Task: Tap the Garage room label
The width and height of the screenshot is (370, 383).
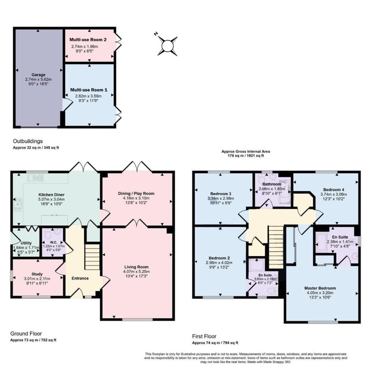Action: tap(38, 75)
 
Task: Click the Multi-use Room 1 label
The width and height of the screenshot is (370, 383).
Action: tap(88, 90)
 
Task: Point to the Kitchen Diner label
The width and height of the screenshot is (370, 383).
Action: tap(51, 195)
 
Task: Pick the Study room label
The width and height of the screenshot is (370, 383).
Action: tap(37, 274)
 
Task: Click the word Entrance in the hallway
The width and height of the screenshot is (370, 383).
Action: tap(80, 278)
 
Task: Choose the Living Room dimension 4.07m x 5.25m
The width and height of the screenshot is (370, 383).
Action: tap(136, 272)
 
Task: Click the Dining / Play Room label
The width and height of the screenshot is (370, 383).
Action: tap(136, 193)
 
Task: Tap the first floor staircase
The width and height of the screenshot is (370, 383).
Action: tap(276, 247)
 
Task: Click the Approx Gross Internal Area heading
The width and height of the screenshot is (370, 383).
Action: tap(246, 151)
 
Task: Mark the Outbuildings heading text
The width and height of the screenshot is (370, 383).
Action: tap(28, 141)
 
